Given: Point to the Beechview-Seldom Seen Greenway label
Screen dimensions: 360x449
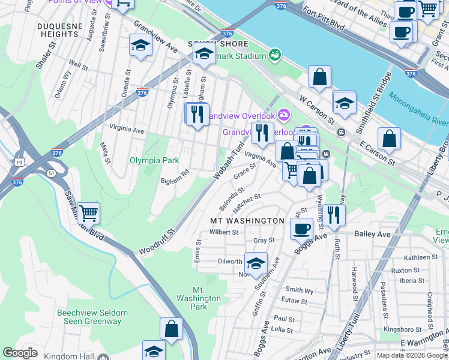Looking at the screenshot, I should click(x=89, y=317).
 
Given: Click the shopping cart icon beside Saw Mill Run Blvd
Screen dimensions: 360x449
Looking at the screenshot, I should click(x=88, y=212).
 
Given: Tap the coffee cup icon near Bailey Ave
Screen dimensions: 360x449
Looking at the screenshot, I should click(x=301, y=228).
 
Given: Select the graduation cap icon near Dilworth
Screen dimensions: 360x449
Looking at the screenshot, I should click(x=256, y=263).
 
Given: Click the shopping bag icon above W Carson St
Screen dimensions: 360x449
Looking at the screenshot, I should click(x=320, y=77).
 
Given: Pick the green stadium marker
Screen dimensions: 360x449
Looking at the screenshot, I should click(x=275, y=55).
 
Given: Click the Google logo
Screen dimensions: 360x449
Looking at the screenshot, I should click(x=20, y=353).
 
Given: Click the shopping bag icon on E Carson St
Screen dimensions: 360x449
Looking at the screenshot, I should click(x=389, y=138).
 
